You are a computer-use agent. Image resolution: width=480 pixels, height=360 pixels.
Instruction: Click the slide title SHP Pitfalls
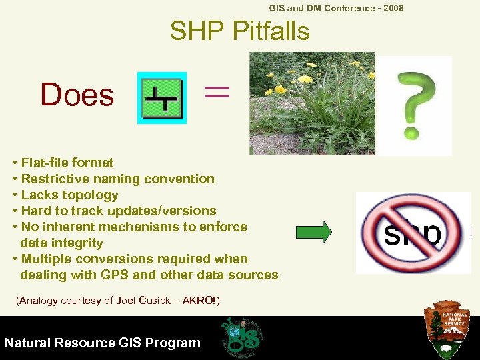pos(239,31)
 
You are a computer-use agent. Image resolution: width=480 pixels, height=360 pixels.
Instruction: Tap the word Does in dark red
pos(77,95)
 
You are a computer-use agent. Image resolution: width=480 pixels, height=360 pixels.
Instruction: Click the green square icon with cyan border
pos(162,98)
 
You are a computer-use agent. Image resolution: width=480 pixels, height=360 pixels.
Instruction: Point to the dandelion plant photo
pos(311,103)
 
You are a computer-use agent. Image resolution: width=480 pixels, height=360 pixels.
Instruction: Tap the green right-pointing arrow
pos(313,232)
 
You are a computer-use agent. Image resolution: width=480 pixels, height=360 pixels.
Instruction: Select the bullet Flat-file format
pos(67,163)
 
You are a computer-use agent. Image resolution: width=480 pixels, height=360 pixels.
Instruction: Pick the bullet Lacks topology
pos(69,195)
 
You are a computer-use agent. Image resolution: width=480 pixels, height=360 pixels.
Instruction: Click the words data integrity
pos(61,243)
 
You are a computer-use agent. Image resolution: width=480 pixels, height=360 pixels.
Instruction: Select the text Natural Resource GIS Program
pos(102,343)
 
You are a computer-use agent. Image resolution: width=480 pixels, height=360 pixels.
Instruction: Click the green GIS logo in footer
pos(241,337)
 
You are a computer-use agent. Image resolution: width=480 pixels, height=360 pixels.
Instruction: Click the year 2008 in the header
pos(392,8)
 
